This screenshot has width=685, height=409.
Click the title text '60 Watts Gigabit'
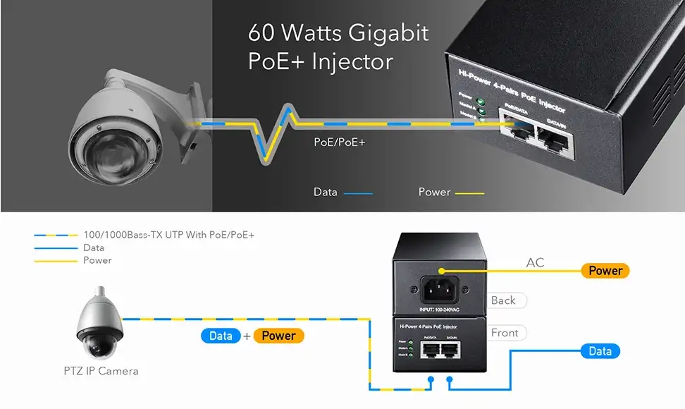pyautogui.click(x=338, y=33)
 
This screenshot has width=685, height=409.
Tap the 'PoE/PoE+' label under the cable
pyautogui.click(x=340, y=142)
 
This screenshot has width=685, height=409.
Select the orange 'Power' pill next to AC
pyautogui.click(x=605, y=270)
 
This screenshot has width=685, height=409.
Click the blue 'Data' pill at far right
pyautogui.click(x=600, y=351)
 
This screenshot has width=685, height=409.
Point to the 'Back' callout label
pyautogui.click(x=503, y=300)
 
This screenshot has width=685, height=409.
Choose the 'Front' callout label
pyautogui.click(x=505, y=333)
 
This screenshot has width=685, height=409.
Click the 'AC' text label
pyautogui.click(x=536, y=263)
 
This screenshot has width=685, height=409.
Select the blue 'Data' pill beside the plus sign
pyautogui.click(x=221, y=336)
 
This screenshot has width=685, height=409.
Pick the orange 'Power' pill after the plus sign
pyautogui.click(x=278, y=336)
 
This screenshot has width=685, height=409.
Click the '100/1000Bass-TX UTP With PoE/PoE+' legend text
pyautogui.click(x=168, y=235)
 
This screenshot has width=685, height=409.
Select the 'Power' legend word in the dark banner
pyautogui.click(x=434, y=192)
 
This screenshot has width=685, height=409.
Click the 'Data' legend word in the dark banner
pyautogui.click(x=326, y=192)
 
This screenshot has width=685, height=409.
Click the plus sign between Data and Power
pyautogui.click(x=247, y=336)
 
